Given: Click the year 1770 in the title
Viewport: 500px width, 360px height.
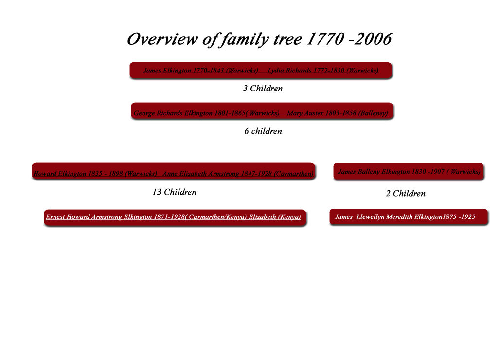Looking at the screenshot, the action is tap(325, 39).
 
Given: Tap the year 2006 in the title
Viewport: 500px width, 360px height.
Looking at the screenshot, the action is tap(373, 39).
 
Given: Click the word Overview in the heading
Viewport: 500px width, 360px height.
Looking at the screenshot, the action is tap(162, 39).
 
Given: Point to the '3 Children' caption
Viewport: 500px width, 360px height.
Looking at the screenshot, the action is tap(263, 89).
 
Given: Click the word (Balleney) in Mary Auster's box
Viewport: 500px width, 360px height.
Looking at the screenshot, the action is tap(373, 113).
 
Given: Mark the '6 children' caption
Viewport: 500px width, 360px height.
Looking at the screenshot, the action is tap(263, 131).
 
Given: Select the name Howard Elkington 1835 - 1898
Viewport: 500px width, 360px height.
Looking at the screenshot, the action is tap(78, 174).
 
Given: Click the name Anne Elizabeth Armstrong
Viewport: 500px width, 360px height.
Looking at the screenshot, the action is tap(201, 174).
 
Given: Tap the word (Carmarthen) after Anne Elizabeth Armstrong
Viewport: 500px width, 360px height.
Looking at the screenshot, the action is tap(294, 174).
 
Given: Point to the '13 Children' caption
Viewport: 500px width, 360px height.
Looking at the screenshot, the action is tap(175, 192).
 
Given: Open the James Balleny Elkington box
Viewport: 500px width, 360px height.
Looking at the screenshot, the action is tap(409, 172).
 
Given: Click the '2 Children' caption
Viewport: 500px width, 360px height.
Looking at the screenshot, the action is tap(406, 194).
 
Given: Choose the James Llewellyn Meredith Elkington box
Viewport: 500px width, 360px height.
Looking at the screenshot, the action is tap(409, 217).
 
